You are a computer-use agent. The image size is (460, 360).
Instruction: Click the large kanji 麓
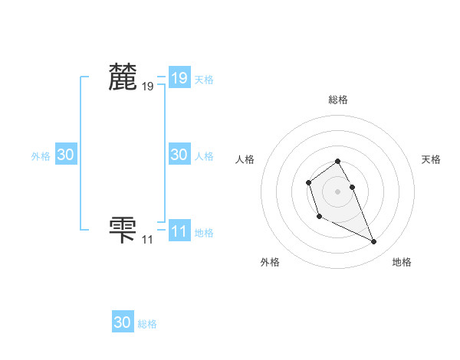(123, 77)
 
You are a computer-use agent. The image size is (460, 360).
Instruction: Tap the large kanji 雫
(123, 229)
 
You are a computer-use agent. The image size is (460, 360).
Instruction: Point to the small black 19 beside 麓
(147, 87)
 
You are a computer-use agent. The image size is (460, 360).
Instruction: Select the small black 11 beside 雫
(147, 240)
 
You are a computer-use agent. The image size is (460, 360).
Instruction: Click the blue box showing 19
(179, 77)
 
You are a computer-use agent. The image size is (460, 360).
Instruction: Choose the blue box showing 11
(179, 231)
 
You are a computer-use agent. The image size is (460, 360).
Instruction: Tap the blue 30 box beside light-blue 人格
(179, 155)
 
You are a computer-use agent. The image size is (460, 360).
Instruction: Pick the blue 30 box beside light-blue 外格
(65, 155)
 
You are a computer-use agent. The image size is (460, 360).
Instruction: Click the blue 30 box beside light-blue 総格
(123, 322)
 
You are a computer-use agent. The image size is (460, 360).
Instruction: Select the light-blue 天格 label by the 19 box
(203, 79)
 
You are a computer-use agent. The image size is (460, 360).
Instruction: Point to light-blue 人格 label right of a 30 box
(203, 156)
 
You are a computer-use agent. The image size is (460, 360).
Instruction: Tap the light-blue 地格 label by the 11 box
(203, 233)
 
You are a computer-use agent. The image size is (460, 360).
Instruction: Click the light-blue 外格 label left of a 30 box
(41, 156)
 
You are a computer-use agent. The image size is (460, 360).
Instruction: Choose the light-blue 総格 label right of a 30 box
(147, 324)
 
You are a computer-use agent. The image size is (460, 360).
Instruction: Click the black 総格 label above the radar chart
(338, 100)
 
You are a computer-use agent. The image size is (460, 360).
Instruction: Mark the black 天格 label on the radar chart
(432, 159)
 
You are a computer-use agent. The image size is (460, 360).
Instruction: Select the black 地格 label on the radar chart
(402, 262)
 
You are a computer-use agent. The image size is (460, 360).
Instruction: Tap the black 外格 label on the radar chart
(270, 262)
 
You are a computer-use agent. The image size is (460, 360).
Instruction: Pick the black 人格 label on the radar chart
(245, 159)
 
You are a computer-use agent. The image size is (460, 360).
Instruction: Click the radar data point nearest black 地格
(374, 242)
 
